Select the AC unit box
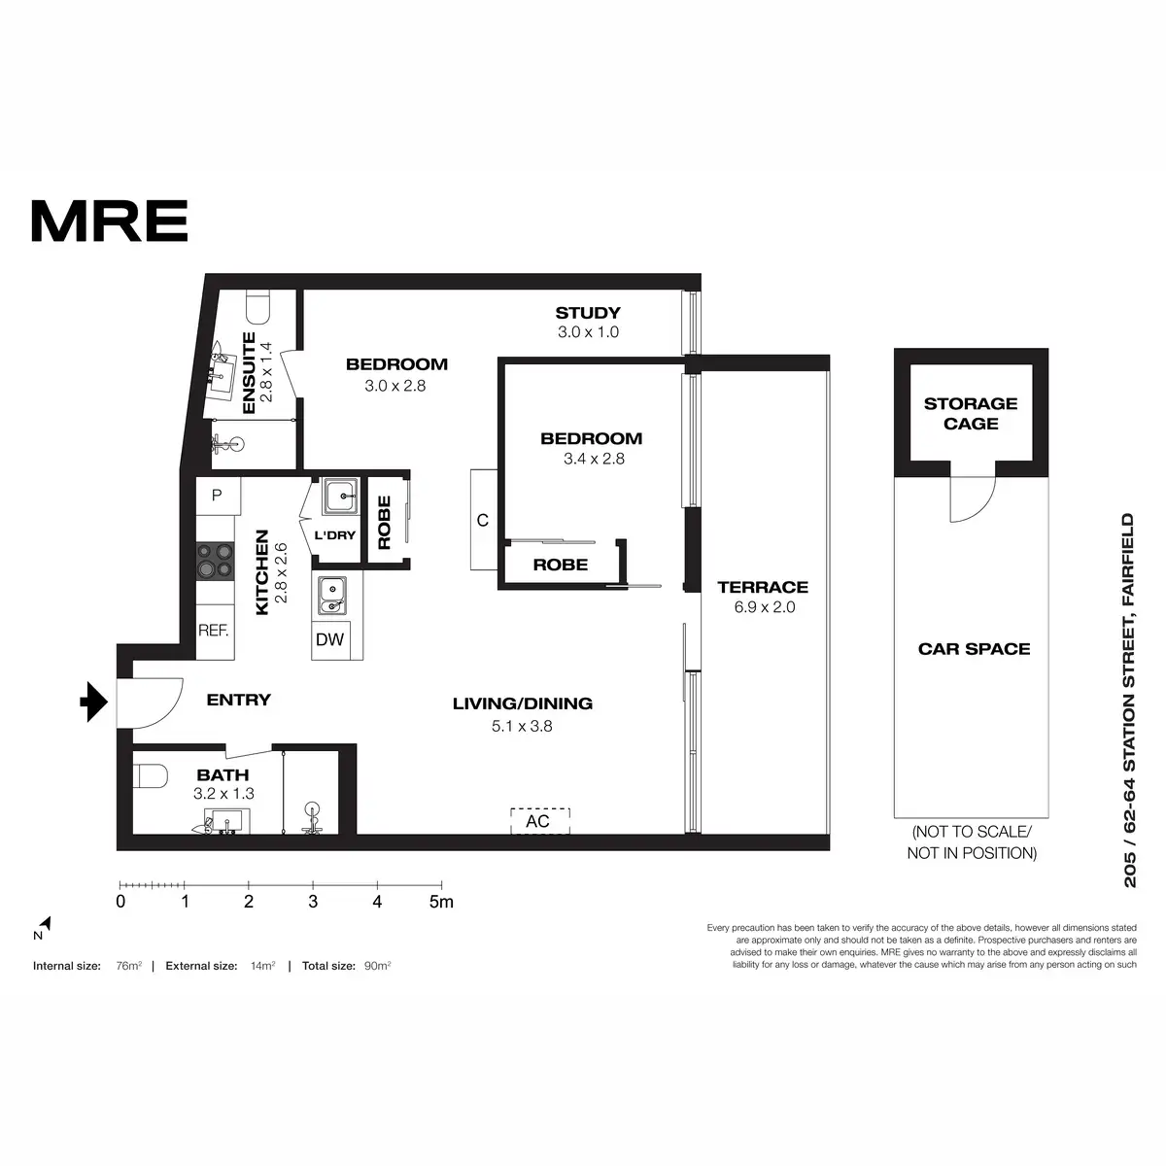pyautogui.click(x=539, y=821)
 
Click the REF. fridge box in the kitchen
pyautogui.click(x=213, y=630)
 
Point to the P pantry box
pyautogui.click(x=217, y=496)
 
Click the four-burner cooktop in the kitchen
pyautogui.click(x=215, y=560)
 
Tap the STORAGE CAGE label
pyautogui.click(x=970, y=413)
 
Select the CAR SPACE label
pyautogui.click(x=974, y=649)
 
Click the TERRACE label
pyautogui.click(x=763, y=587)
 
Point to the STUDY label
pyautogui.click(x=587, y=313)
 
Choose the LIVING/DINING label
pyautogui.click(x=522, y=703)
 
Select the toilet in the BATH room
pyautogui.click(x=152, y=776)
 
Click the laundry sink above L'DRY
pyautogui.click(x=341, y=497)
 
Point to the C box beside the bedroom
pyautogui.click(x=483, y=520)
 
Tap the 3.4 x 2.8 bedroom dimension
pyautogui.click(x=594, y=459)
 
